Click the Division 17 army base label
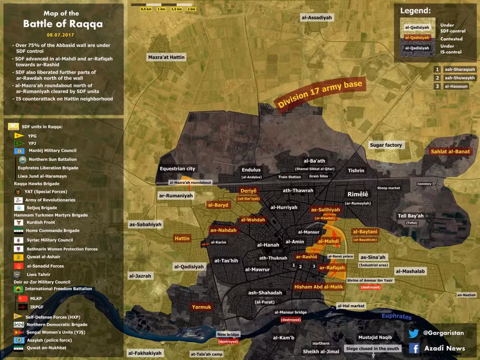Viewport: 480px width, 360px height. [320, 94]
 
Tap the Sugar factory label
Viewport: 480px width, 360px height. [386, 145]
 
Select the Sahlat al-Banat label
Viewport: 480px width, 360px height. [450, 152]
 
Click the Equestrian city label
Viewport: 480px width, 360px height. [177, 169]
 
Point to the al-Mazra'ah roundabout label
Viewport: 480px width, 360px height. [190, 182]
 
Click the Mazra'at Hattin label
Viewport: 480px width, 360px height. [167, 57]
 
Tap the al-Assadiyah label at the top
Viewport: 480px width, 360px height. [316, 18]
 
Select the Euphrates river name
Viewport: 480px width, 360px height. [396, 316]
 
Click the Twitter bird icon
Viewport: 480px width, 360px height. [414, 333]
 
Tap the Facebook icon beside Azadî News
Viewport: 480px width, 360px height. [414, 348]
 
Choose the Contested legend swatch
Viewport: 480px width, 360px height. [417, 38]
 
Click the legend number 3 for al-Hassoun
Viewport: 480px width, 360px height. [437, 86]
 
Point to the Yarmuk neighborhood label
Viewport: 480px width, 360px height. [201, 307]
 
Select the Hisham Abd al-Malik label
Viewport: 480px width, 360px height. [318, 287]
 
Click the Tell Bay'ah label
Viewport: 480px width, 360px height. [411, 216]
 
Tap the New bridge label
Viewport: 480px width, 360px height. [228, 335]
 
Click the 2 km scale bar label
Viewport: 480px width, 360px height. [191, 9]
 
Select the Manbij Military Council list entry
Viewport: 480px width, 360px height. [52, 151]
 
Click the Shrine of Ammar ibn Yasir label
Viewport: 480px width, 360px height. [370, 280]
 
